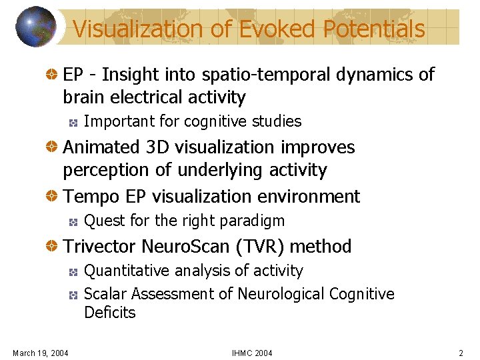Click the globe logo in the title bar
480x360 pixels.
[36, 27]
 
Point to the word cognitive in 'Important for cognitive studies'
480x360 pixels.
[215, 121]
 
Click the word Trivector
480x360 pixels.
[97, 246]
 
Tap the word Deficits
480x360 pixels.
[109, 313]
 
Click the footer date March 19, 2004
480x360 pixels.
[40, 352]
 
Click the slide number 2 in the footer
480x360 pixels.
[461, 352]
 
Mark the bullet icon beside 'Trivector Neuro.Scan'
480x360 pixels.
[51, 247]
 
